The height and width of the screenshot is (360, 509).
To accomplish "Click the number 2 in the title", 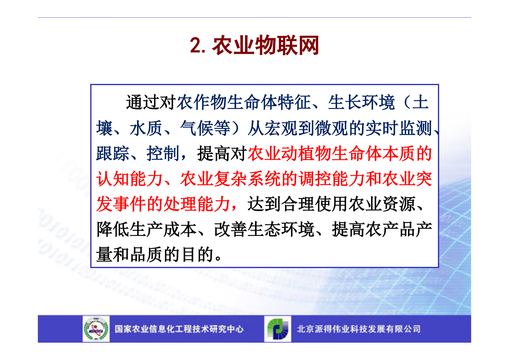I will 196,45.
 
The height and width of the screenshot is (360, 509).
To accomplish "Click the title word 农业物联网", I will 265,45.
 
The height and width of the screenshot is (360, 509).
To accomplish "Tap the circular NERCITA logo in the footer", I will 96,329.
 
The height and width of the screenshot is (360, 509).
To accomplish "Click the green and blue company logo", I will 278,329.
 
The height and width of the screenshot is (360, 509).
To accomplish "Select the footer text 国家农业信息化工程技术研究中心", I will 179,329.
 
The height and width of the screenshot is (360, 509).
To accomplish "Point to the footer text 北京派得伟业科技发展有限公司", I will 359,329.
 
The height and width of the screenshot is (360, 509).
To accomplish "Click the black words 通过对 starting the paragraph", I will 151,102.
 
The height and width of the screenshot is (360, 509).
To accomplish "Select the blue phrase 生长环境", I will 361,102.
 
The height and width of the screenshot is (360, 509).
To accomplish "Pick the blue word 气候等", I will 205,128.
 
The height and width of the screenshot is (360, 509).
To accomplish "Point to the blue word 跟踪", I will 113,153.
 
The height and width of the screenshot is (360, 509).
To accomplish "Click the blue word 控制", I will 163,153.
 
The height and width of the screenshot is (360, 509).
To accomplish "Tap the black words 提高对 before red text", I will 222,153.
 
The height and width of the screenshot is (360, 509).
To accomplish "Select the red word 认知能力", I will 130,179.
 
